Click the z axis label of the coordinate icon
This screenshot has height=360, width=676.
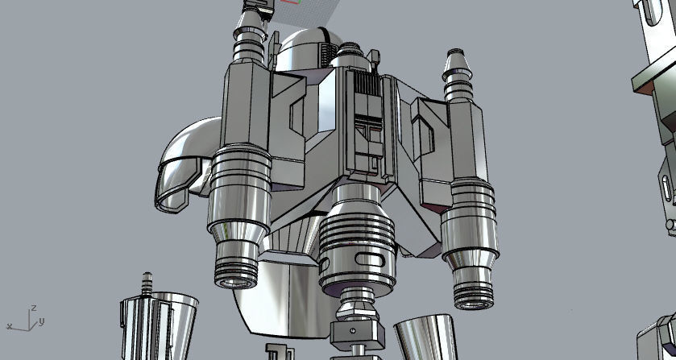tap(33, 307)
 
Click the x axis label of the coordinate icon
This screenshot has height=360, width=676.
tap(9, 326)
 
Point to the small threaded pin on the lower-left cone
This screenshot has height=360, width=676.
tap(146, 283)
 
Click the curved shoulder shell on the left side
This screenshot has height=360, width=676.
tap(185, 165)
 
